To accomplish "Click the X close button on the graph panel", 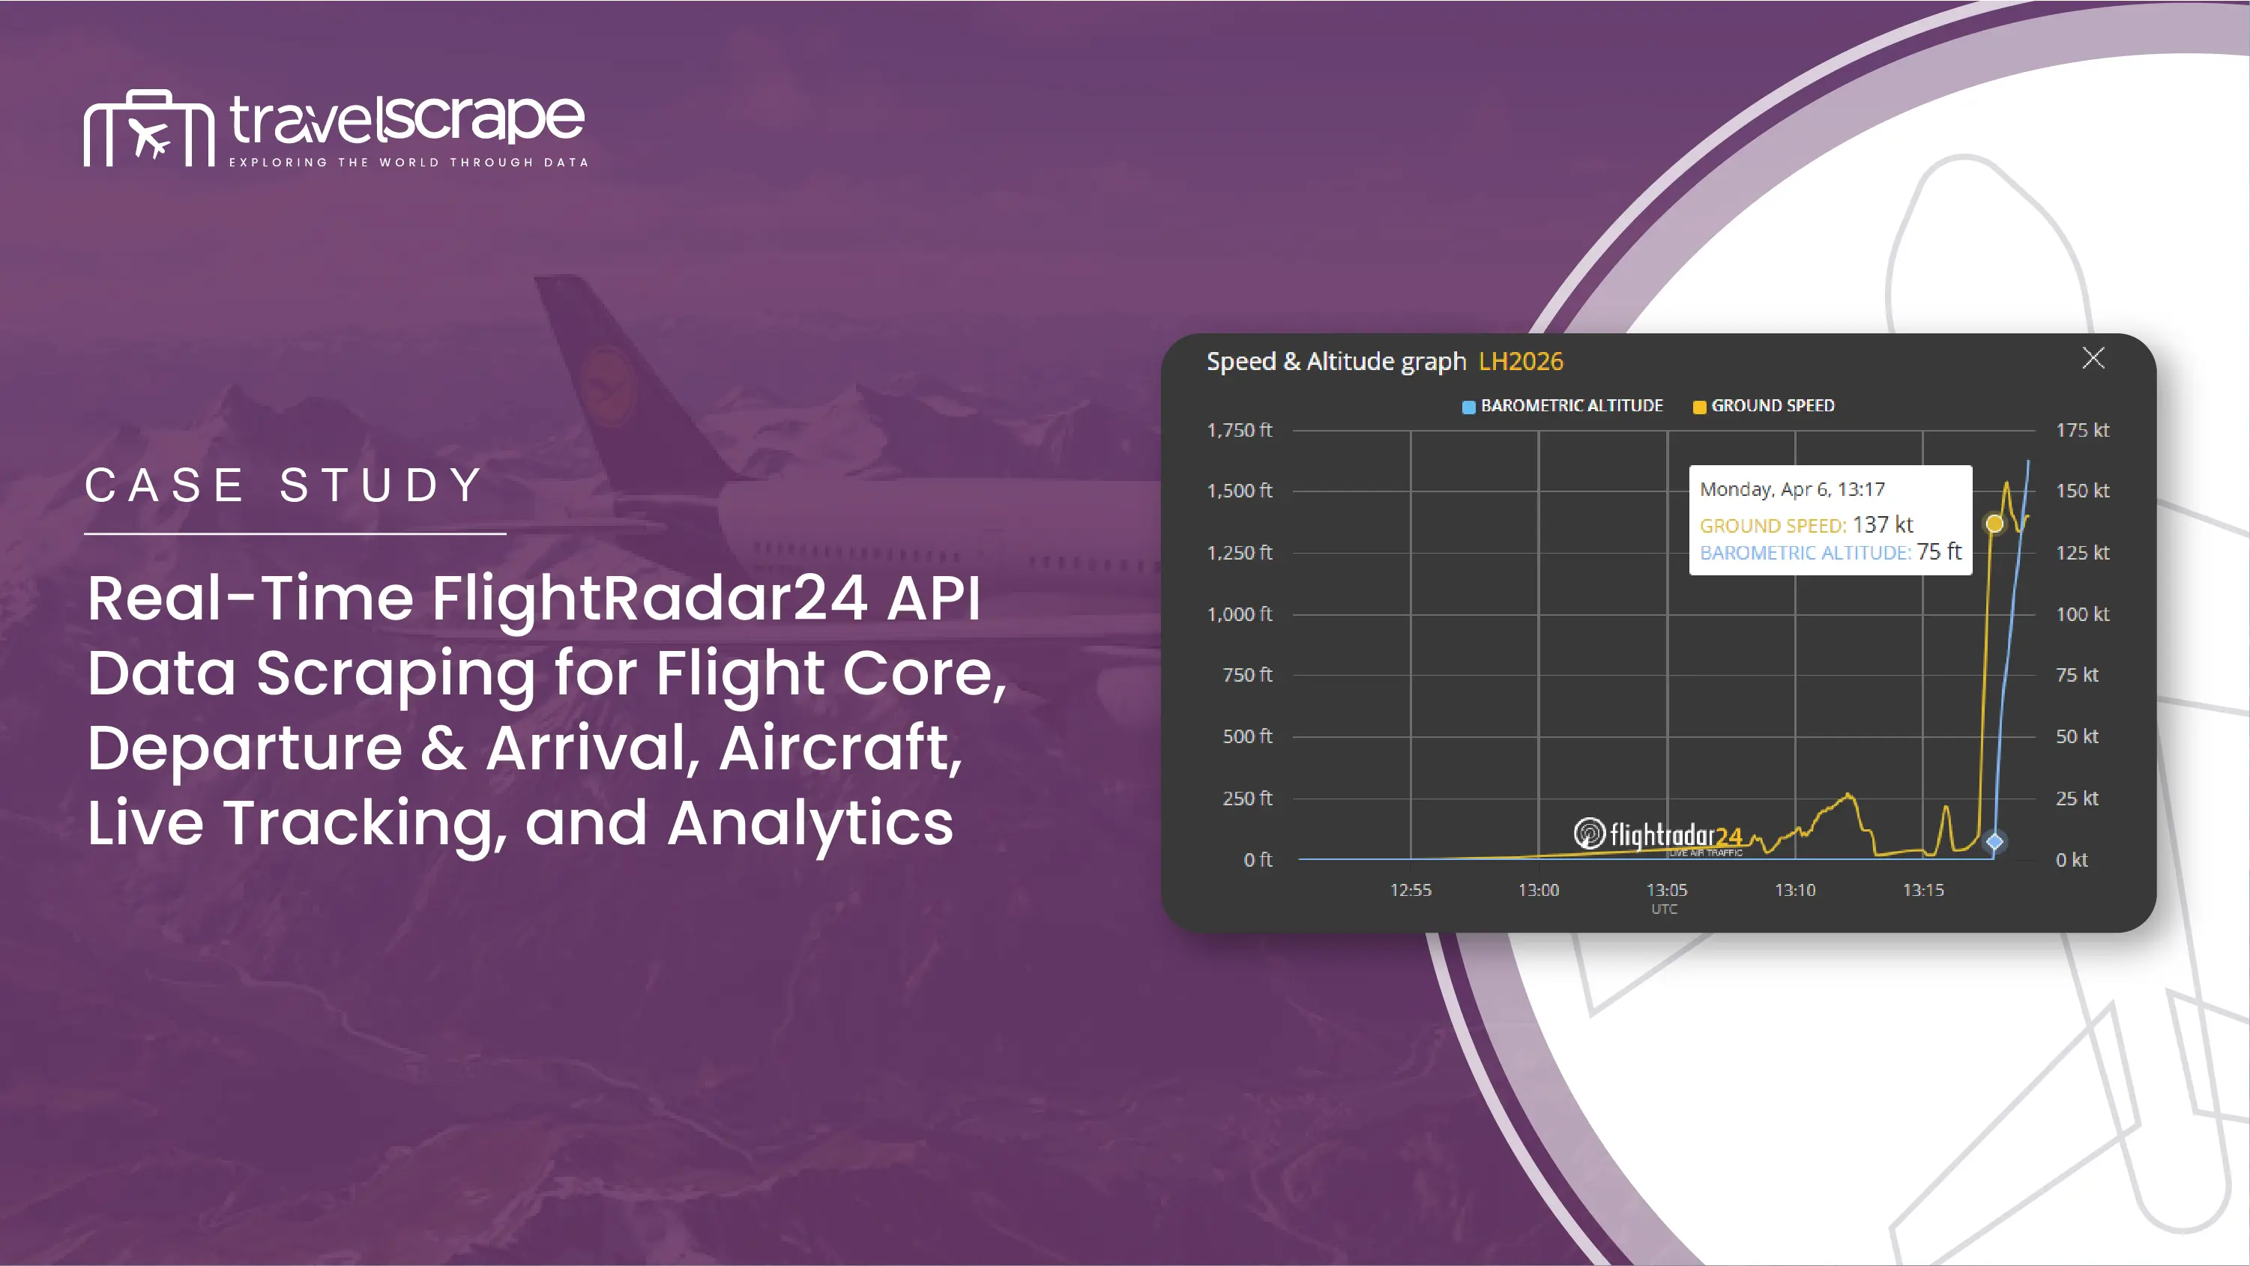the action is (x=2093, y=358).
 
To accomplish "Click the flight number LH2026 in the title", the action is (x=1521, y=362).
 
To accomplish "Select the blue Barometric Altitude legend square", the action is (x=1469, y=407).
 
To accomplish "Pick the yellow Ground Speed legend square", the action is (x=1700, y=407).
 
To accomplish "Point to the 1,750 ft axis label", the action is (x=1240, y=429).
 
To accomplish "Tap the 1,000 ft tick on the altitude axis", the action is (x=1240, y=614).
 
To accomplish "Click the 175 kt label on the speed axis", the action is (x=2082, y=429).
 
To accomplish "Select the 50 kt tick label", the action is (x=2077, y=736).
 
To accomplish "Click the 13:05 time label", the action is (x=1667, y=890).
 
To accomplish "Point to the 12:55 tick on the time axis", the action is (x=1411, y=890).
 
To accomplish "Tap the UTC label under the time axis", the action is (x=1665, y=909).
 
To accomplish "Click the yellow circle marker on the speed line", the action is (x=1994, y=524).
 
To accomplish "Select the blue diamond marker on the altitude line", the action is (x=1994, y=842).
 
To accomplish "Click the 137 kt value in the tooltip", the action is (x=1882, y=524).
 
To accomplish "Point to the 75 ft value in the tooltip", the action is (x=1939, y=552).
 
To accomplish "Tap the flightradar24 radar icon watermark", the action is (x=1590, y=833).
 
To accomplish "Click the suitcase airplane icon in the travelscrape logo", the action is (x=149, y=128).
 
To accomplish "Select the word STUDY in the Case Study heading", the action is (x=381, y=485).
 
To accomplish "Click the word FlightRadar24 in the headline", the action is (x=650, y=599).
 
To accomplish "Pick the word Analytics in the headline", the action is (x=809, y=824).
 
